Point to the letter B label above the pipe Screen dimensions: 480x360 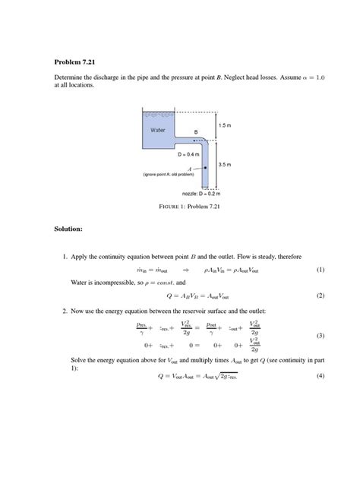tap(195, 133)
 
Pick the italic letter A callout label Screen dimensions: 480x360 tap(178, 169)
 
